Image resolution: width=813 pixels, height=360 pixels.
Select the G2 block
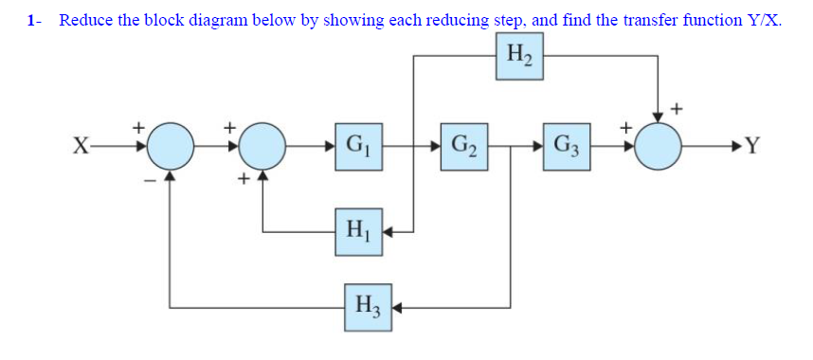tap(463, 148)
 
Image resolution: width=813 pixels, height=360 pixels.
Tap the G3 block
tap(568, 148)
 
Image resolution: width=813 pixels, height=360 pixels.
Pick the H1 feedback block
tap(358, 230)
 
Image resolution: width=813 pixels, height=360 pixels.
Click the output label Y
tap(753, 148)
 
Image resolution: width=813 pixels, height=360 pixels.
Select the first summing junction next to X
tap(171, 148)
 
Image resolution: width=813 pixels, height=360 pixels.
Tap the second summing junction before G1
tap(262, 148)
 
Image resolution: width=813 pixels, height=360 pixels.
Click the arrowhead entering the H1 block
tap(389, 230)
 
